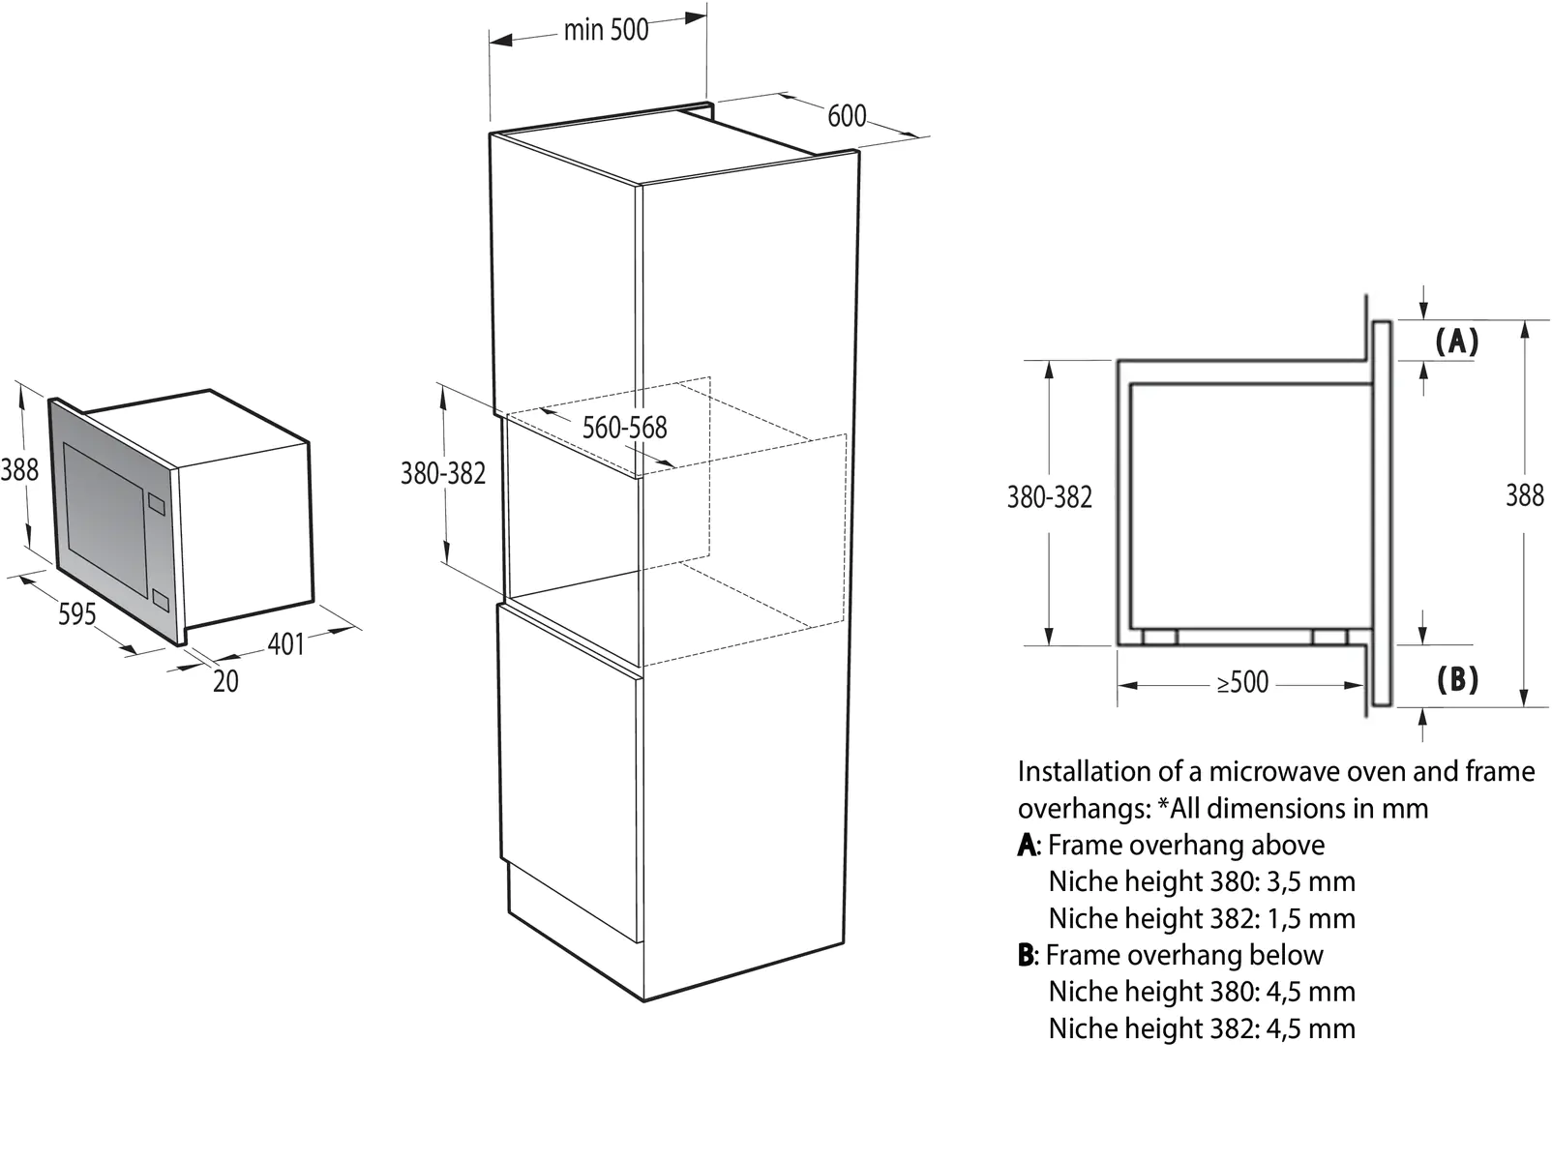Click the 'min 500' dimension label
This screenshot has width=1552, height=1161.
point(606,30)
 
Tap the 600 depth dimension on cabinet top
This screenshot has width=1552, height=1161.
point(846,116)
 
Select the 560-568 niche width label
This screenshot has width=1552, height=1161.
point(624,428)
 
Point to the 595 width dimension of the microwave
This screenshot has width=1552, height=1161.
point(76,613)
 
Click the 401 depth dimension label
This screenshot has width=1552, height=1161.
point(285,643)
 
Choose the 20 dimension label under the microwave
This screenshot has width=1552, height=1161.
point(225,681)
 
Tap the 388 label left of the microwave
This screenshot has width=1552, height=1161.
point(19,470)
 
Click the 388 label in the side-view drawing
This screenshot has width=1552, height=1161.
point(1524,495)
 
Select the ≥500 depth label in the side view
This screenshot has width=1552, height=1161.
point(1242,683)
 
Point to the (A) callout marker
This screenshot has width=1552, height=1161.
point(1456,342)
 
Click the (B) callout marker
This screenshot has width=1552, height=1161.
point(1457,679)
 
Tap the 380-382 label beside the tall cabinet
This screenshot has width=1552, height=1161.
point(443,474)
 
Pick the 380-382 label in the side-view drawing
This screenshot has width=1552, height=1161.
point(1049,497)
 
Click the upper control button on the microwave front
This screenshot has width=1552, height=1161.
point(157,504)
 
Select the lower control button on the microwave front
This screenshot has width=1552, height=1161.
point(161,602)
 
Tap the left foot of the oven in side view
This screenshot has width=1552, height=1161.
point(1158,637)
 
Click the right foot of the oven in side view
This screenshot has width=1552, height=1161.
point(1330,637)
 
